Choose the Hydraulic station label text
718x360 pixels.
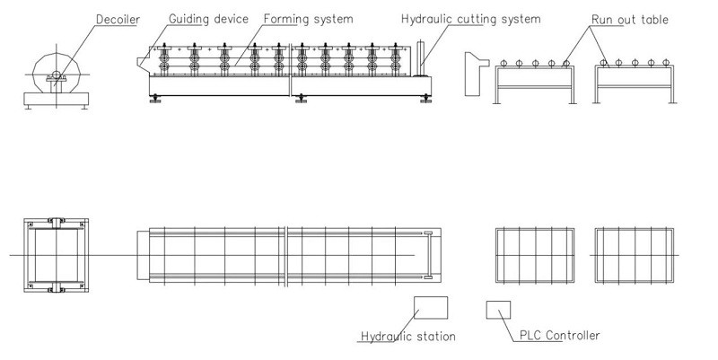coord(407,338)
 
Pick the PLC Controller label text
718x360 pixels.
coord(558,337)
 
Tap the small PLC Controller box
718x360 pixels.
coord(497,309)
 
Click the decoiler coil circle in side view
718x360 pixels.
coord(55,68)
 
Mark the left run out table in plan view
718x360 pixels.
coord(536,256)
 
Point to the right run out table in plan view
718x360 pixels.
coord(634,256)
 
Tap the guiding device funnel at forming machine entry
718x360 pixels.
coord(144,60)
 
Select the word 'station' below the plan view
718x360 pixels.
coord(434,338)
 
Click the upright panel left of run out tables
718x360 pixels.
coord(469,74)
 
